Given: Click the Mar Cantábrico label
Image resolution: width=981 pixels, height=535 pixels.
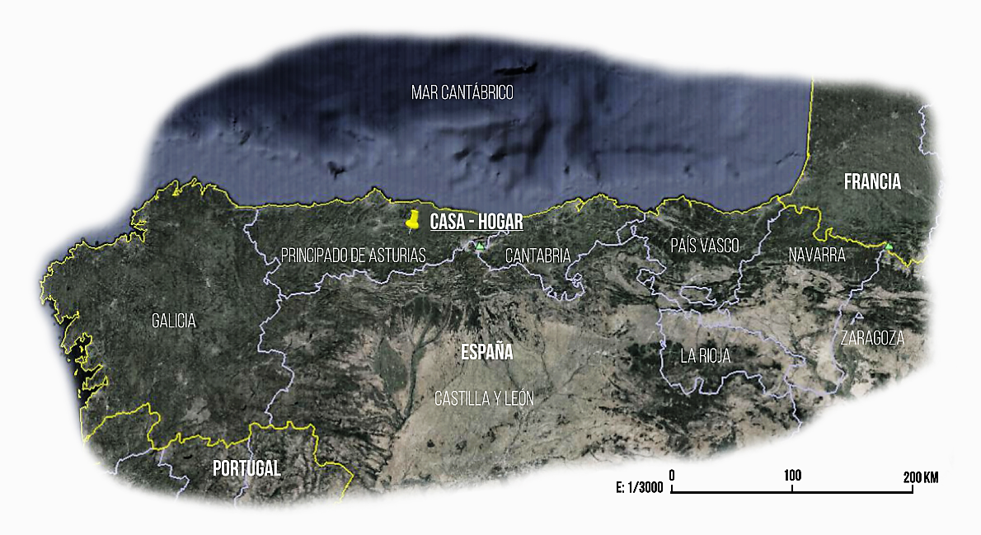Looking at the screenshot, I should [x=462, y=92].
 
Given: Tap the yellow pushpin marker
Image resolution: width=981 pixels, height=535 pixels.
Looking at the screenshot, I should [x=414, y=219].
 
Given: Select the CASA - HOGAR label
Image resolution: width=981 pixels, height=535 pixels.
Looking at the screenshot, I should [x=476, y=223].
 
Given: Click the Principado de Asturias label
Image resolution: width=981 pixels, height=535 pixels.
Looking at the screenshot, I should [x=353, y=255].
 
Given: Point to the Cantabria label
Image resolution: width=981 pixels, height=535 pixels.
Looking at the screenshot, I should [x=537, y=256].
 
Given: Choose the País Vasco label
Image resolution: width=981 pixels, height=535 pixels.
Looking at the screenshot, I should [x=704, y=245].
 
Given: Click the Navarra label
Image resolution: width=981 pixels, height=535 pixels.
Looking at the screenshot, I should [x=816, y=255].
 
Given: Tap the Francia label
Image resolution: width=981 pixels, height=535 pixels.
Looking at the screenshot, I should [x=872, y=183].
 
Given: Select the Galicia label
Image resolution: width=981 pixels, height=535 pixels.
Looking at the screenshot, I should [x=174, y=321].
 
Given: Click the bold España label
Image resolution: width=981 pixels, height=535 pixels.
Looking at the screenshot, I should [x=486, y=353].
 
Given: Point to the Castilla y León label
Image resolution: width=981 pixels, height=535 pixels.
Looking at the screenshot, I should [x=484, y=398].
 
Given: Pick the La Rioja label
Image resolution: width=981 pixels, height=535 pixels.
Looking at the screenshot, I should [x=705, y=356].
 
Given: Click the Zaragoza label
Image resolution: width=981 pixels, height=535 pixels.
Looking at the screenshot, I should [x=872, y=338].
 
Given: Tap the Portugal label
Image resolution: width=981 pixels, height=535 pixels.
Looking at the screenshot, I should [x=246, y=468].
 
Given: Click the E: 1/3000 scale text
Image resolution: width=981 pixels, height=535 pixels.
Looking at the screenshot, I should [x=639, y=487].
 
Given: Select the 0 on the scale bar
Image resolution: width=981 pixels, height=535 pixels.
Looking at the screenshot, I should [x=673, y=476].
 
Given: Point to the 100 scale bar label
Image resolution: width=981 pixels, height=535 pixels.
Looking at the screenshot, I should [x=792, y=476].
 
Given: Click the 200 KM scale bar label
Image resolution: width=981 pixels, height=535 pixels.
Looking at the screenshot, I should [x=920, y=476].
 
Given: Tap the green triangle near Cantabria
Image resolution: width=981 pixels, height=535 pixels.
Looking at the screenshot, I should [x=479, y=246].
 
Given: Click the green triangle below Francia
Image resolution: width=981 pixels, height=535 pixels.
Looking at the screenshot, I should [x=888, y=246].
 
